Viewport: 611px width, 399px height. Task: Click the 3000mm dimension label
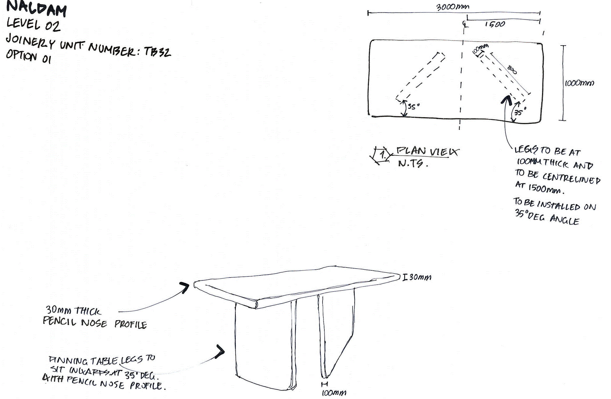(453, 7)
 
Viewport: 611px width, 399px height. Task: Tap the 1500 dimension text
(495, 24)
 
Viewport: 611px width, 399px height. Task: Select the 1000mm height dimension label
(579, 83)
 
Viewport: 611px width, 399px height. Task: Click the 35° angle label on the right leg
(520, 112)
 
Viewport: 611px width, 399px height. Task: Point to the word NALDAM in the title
(37, 9)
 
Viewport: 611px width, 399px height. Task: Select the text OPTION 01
(29, 57)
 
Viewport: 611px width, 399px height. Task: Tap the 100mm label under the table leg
(334, 393)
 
